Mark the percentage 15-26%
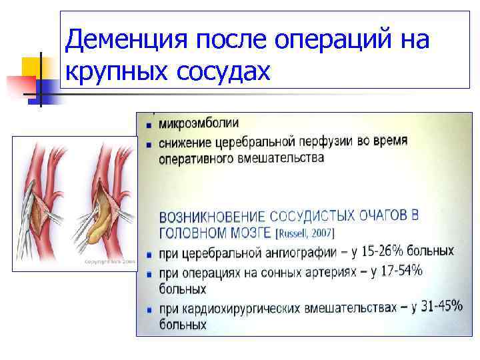383,252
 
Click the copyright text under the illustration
109,262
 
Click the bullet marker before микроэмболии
147,125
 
